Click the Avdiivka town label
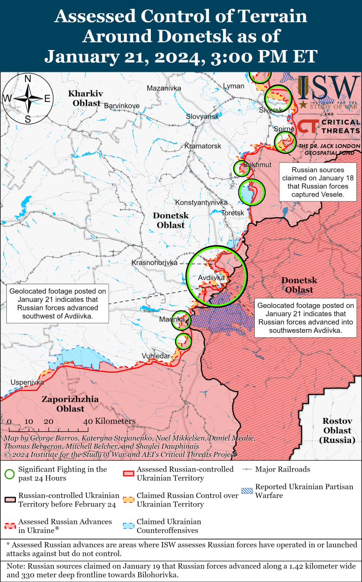point(211,278)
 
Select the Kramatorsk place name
point(203,146)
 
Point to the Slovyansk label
point(202,117)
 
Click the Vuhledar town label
point(156,356)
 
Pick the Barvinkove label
point(122,105)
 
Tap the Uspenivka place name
point(27,382)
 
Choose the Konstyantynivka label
point(201,202)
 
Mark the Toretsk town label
point(233,213)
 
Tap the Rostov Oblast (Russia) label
point(337,430)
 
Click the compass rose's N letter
point(27,79)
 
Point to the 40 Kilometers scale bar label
point(109,421)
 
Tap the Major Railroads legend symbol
point(247,469)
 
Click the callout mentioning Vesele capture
point(317,182)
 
